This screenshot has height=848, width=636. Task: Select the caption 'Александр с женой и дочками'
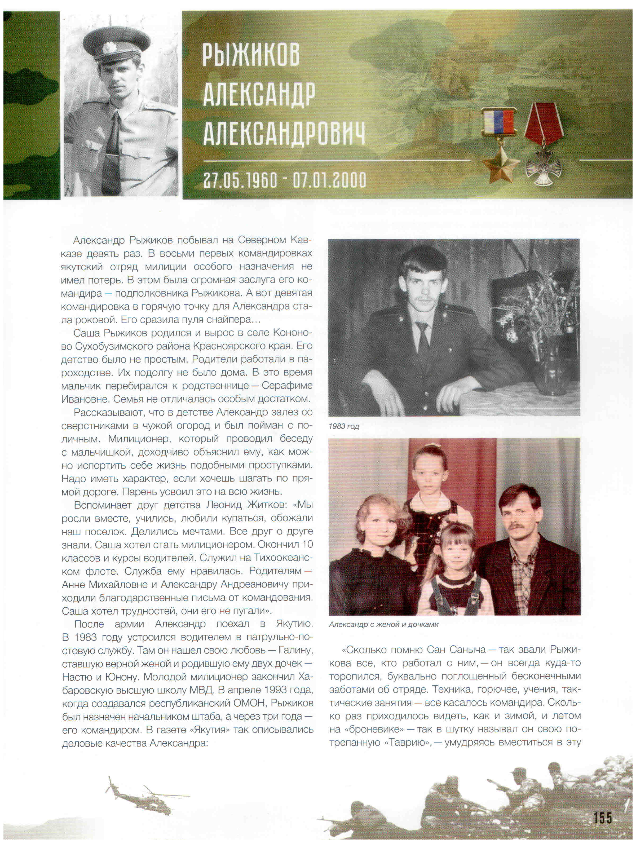pyautogui.click(x=383, y=624)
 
